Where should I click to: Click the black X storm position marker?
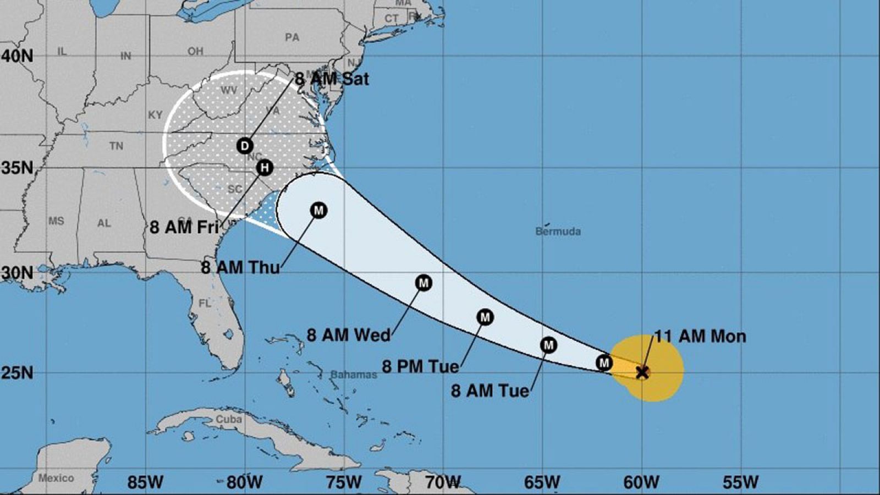pos(642,372)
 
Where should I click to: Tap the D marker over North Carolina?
pos(245,146)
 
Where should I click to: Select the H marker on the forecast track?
pos(265,167)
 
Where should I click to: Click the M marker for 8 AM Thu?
pos(318,210)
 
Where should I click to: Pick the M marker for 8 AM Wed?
pos(424,283)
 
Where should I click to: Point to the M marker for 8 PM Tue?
pos(485,317)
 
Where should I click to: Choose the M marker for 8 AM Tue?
pos(548,345)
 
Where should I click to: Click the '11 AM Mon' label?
pos(700,336)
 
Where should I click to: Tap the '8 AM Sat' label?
pos(332,79)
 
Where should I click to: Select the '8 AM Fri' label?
pos(184,227)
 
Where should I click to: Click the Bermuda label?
pos(558,231)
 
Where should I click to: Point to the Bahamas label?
pos(354,375)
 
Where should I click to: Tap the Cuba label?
pos(229,419)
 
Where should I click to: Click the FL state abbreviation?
pos(205,303)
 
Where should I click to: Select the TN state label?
pos(116,146)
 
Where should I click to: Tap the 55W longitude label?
pos(740,482)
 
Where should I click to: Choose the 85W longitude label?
pos(145,482)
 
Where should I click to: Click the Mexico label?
pos(56,477)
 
